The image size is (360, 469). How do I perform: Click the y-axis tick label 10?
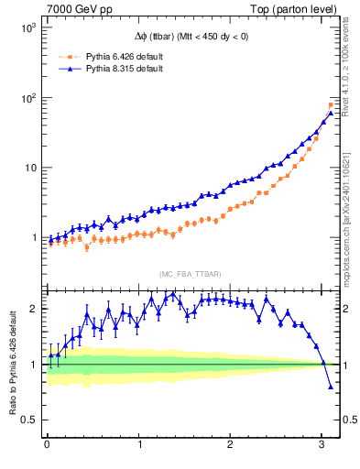point(27,168)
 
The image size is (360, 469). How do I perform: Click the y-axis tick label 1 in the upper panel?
point(33,238)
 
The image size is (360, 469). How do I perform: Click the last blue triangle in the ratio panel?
point(331,387)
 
